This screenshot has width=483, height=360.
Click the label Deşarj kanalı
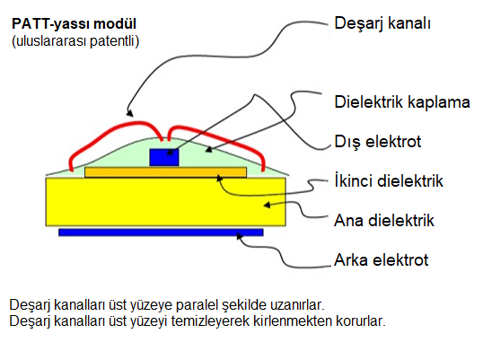point(382,23)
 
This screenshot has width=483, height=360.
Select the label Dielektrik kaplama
point(402,102)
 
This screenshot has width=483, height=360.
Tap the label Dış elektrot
point(378,142)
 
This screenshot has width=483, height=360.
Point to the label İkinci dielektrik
point(389,180)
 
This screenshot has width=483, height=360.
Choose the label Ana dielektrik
point(384,221)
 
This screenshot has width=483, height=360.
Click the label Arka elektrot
point(382,260)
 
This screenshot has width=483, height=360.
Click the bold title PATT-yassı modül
point(74,24)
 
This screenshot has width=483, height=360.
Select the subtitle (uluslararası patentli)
point(75,41)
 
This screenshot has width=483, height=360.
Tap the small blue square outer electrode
point(164,157)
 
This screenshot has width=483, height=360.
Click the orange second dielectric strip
point(166,172)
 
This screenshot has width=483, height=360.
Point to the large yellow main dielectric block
point(166,202)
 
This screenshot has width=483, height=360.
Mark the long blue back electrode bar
point(161,233)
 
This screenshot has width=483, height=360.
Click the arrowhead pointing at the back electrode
point(240,236)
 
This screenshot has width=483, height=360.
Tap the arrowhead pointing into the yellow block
point(267,205)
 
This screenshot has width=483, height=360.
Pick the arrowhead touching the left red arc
point(129,113)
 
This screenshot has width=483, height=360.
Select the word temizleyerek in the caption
point(210,320)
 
